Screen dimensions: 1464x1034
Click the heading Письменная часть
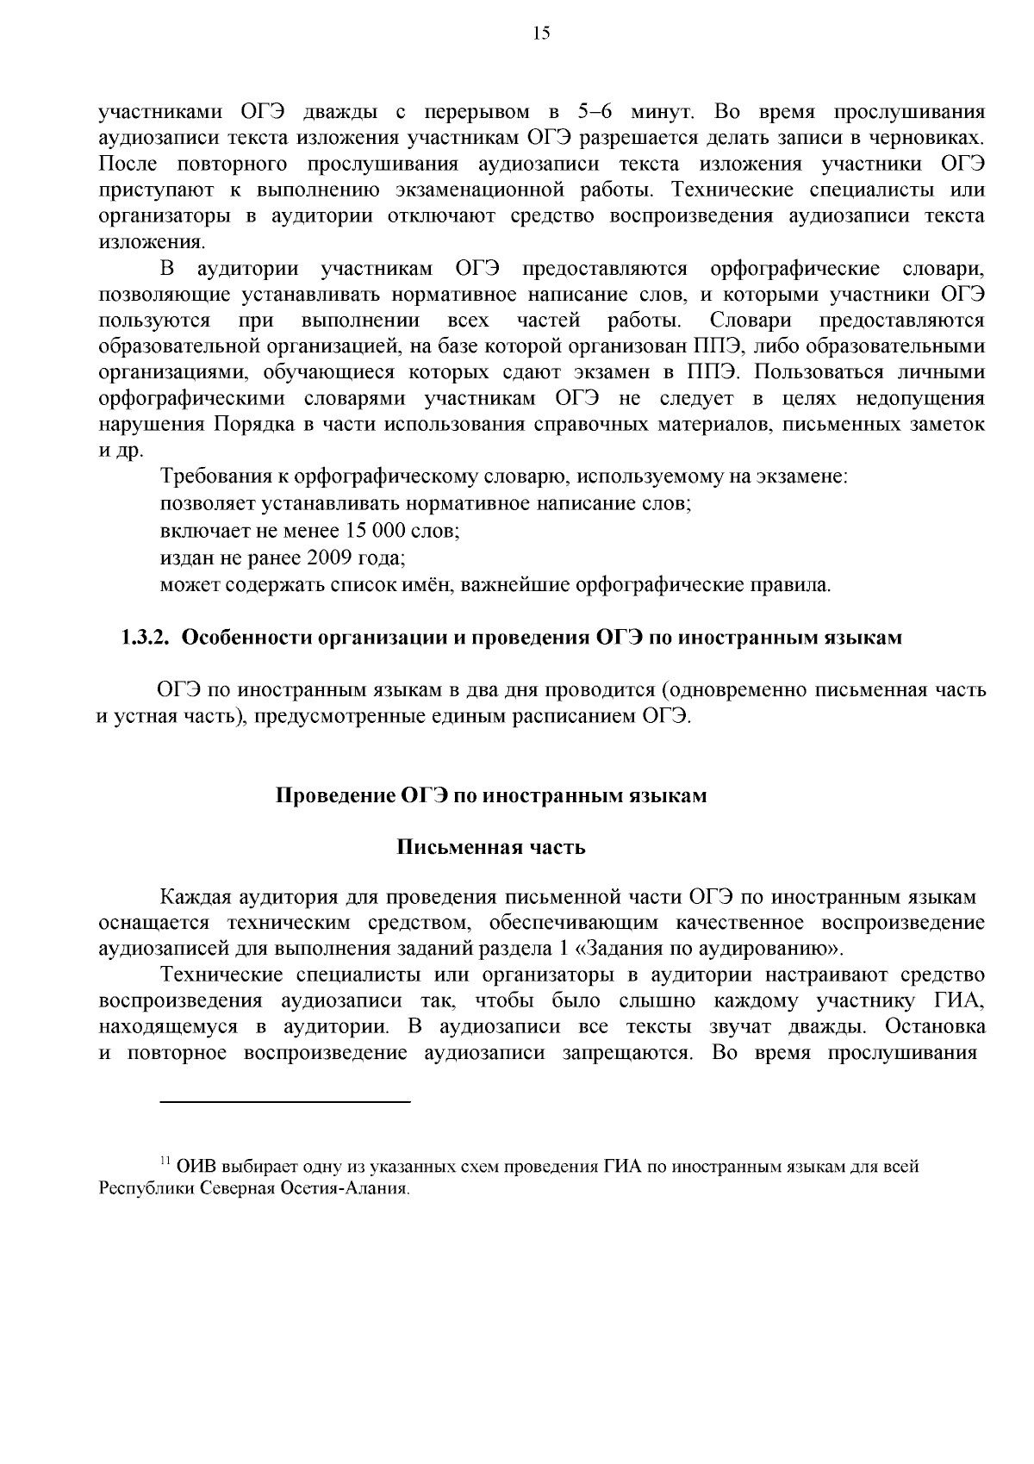click(490, 847)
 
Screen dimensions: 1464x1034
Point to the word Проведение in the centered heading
click(335, 794)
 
